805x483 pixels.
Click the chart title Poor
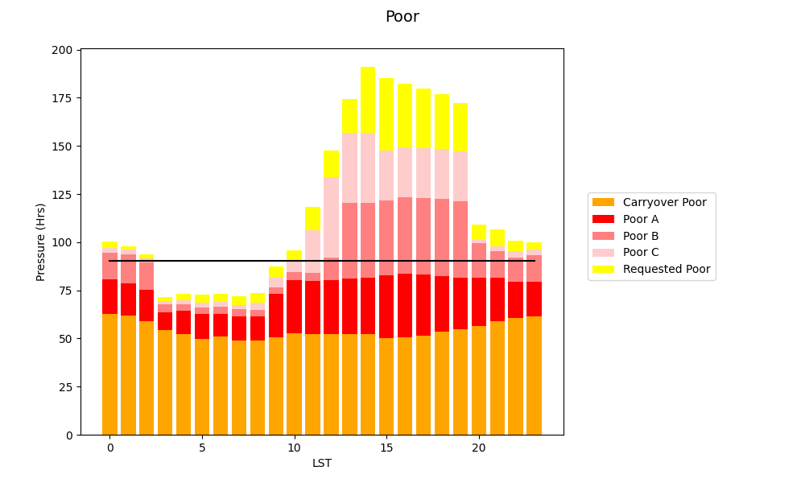(x=402, y=17)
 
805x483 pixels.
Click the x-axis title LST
(x=322, y=464)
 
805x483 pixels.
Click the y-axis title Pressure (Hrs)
(x=41, y=242)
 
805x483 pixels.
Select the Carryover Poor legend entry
(x=665, y=202)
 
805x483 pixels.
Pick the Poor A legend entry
(x=642, y=219)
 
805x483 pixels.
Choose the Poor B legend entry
(x=642, y=236)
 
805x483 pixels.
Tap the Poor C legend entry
(x=642, y=253)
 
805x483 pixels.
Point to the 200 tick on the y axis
(x=63, y=50)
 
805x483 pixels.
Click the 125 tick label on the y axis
(x=63, y=195)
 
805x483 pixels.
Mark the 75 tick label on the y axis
(x=66, y=291)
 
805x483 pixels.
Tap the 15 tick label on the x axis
(x=386, y=448)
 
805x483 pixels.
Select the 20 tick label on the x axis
(x=478, y=448)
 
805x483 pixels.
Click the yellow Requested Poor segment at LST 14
(x=368, y=100)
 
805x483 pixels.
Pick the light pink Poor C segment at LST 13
(x=349, y=168)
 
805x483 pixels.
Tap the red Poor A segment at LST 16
(x=405, y=305)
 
